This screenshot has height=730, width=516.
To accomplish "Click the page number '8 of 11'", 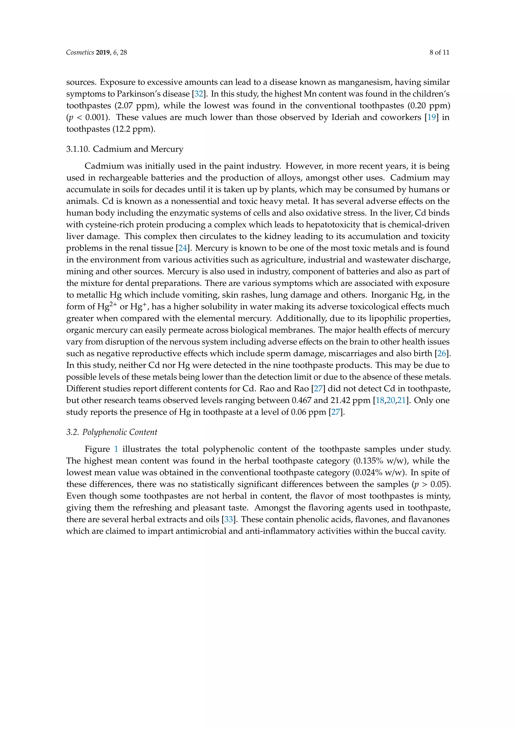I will pyautogui.click(x=439, y=52).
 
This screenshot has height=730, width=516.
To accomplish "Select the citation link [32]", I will pyautogui.click(x=199, y=94).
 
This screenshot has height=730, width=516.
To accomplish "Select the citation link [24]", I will pyautogui.click(x=183, y=248).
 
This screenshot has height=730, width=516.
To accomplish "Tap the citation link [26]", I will pyautogui.click(x=441, y=353).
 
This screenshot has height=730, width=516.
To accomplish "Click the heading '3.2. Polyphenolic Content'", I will pyautogui.click(x=112, y=432).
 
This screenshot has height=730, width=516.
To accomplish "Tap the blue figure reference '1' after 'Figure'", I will pyautogui.click(x=116, y=449).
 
